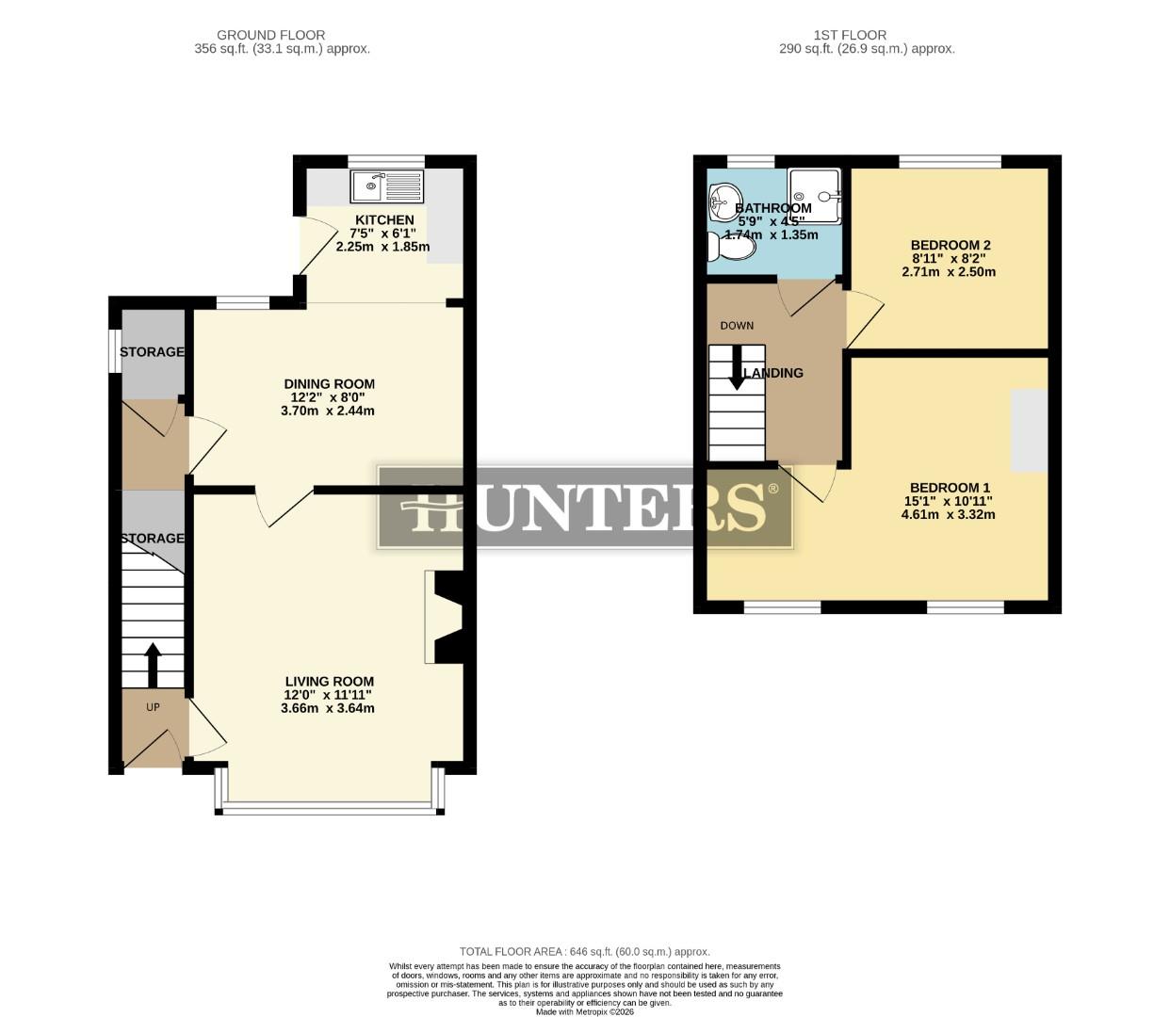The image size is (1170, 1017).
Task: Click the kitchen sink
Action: tap(387, 186)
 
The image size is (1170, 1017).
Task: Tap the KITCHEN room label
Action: tap(383, 219)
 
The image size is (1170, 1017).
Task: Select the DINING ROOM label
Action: tap(330, 383)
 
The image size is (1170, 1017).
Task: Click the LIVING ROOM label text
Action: tap(330, 681)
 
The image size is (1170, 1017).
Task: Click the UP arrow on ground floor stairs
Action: tap(152, 664)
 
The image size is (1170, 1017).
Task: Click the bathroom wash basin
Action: tap(723, 200)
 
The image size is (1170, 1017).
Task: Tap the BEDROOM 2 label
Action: tap(951, 245)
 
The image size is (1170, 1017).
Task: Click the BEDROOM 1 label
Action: tap(950, 487)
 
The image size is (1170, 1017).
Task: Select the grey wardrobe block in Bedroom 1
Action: tap(1029, 430)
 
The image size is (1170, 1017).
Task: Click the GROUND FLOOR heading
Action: tap(270, 35)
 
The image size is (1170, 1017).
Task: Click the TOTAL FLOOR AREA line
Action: tap(584, 952)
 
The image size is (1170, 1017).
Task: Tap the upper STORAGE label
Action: tap(152, 351)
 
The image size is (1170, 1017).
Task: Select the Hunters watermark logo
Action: tap(585, 507)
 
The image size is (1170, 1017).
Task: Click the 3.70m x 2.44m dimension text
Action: tap(328, 411)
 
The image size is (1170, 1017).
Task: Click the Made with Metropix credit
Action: tap(585, 1011)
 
